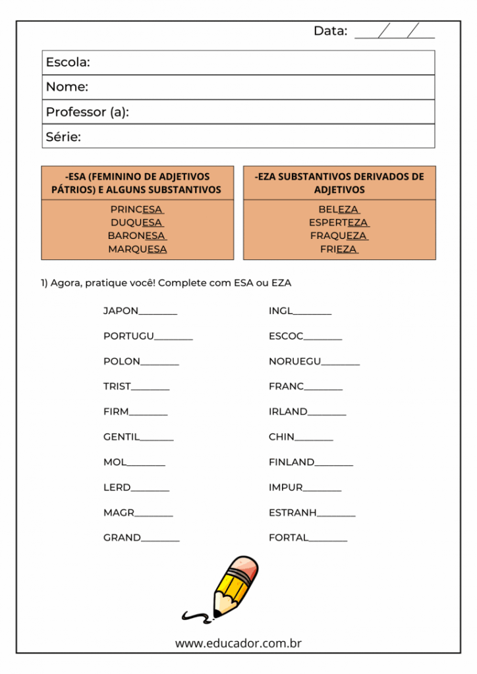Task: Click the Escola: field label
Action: [68, 63]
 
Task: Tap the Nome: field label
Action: [67, 87]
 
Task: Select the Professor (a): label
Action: [87, 112]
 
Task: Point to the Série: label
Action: [63, 137]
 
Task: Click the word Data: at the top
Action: [330, 31]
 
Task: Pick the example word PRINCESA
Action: [137, 209]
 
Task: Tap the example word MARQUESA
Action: [137, 249]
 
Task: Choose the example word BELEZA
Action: [339, 209]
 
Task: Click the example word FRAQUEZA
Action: [339, 236]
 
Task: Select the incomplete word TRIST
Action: [117, 386]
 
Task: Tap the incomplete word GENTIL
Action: [122, 436]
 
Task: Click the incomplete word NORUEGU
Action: [295, 361]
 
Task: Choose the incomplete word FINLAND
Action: [291, 462]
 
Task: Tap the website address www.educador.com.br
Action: [238, 643]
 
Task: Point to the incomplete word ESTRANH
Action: [293, 512]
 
